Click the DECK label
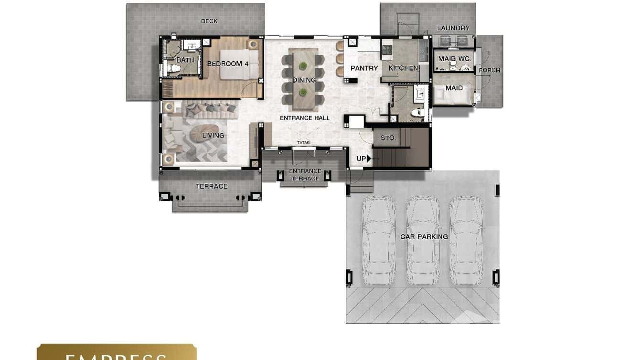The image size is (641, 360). (x=209, y=21)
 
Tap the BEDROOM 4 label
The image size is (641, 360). (x=228, y=64)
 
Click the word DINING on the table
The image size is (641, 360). (x=304, y=80)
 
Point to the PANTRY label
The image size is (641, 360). (x=364, y=68)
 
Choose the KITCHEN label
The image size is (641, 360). (x=403, y=68)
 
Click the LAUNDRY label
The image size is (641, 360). (x=453, y=28)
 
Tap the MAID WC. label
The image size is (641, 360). (x=455, y=59)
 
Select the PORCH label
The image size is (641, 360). (x=490, y=70)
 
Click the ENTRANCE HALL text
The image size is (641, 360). (x=304, y=118)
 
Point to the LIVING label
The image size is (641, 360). (x=213, y=135)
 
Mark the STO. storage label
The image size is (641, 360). (x=388, y=138)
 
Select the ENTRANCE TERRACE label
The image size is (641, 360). (x=305, y=175)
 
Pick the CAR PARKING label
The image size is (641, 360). (x=424, y=236)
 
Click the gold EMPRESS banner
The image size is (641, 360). (x=117, y=352)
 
